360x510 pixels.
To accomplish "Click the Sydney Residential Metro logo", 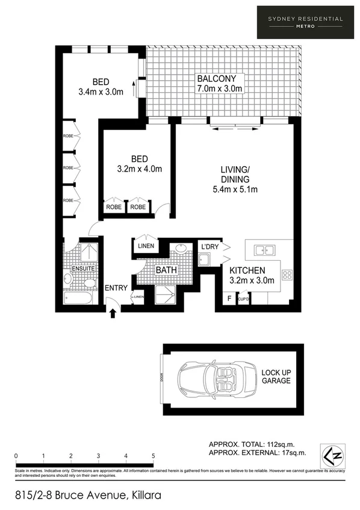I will tap(305, 22).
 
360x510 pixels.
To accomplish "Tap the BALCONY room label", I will tap(219, 79).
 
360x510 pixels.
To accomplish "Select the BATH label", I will tap(166, 270).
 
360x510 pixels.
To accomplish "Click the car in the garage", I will tap(211, 380).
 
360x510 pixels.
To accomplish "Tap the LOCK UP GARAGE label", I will tap(276, 376).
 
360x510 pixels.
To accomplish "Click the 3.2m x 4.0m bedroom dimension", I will tap(139, 169).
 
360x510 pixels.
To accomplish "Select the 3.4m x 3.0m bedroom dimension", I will tap(101, 92).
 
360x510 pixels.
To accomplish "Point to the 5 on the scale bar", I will tap(154, 456).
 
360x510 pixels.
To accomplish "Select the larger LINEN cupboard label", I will tap(146, 246).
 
